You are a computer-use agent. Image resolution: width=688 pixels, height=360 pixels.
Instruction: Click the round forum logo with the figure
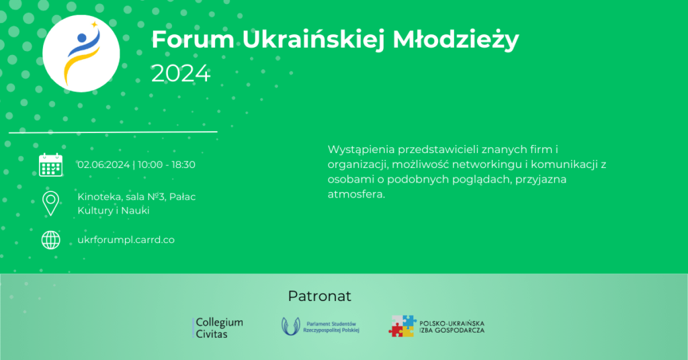pyautogui.click(x=81, y=53)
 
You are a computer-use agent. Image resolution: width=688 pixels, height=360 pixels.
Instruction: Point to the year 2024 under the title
pyautogui.click(x=181, y=73)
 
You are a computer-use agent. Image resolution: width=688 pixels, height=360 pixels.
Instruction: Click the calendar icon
pyautogui.click(x=50, y=165)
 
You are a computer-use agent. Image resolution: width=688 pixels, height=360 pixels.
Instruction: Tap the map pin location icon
pyautogui.click(x=50, y=203)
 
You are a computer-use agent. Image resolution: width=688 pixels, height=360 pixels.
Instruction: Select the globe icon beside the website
pyautogui.click(x=50, y=240)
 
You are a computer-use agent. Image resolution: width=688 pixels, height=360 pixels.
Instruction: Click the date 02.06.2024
pyautogui.click(x=103, y=165)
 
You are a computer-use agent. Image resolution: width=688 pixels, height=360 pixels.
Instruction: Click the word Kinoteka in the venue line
pyautogui.click(x=100, y=197)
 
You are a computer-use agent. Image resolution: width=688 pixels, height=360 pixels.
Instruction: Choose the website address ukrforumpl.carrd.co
pyautogui.click(x=126, y=240)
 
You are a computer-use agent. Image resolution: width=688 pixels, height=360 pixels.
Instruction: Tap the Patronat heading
pyautogui.click(x=319, y=296)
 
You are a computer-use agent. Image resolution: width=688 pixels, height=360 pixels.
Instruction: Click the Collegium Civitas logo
pyautogui.click(x=218, y=328)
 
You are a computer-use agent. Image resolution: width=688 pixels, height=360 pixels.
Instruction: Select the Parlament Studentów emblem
pyautogui.click(x=291, y=326)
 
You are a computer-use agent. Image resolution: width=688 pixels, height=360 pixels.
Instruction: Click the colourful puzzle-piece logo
pyautogui.click(x=403, y=326)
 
